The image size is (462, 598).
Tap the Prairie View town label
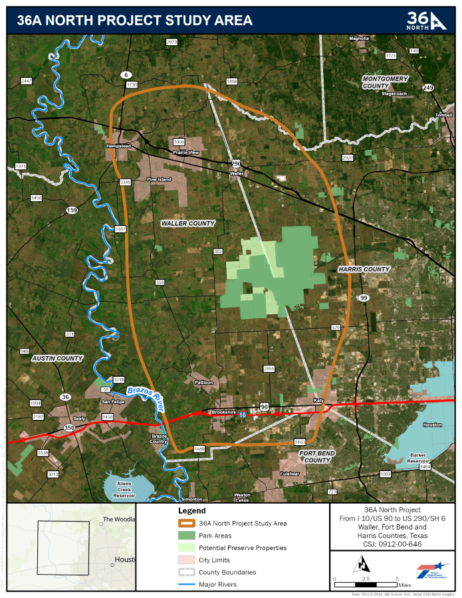tap(186, 153)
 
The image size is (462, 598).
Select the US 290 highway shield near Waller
tap(236, 163)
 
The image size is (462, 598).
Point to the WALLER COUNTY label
tap(188, 224)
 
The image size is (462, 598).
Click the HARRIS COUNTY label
tap(364, 269)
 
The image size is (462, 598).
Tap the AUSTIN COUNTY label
tap(57, 358)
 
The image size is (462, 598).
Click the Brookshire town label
tap(224, 412)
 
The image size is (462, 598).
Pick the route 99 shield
tap(363, 298)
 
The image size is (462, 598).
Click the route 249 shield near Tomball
tap(427, 88)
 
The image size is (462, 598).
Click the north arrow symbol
tap(362, 565)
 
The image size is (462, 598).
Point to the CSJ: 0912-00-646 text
tap(392, 543)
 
